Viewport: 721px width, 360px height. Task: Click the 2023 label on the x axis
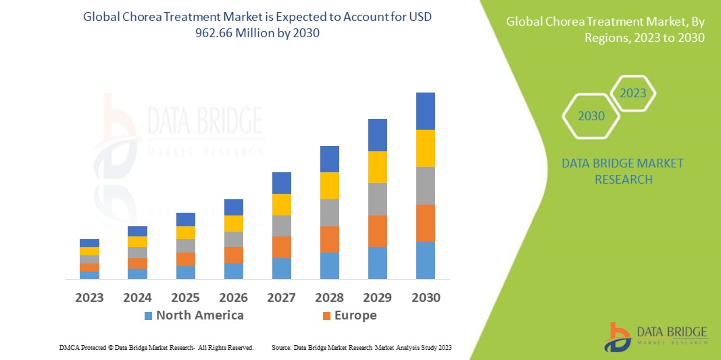(x=89, y=297)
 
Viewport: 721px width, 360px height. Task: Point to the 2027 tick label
(x=281, y=297)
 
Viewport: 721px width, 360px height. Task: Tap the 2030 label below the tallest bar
(x=426, y=297)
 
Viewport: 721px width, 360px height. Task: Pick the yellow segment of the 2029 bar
(x=378, y=167)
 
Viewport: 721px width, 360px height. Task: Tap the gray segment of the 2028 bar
(x=329, y=212)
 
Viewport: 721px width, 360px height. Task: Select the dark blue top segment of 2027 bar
(x=281, y=182)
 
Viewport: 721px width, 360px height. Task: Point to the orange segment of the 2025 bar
(x=186, y=259)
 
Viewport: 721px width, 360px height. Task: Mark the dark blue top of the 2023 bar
(x=89, y=242)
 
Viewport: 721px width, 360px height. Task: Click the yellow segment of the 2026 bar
(x=234, y=223)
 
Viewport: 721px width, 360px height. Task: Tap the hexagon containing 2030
(x=591, y=116)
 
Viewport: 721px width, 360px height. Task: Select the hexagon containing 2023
(x=633, y=93)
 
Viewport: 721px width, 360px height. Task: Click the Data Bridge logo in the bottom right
(x=655, y=336)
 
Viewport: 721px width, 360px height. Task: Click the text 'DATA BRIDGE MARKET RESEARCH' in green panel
(x=622, y=172)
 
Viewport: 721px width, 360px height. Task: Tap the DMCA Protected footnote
(x=156, y=347)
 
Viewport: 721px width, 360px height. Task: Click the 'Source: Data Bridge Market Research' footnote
(x=361, y=347)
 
